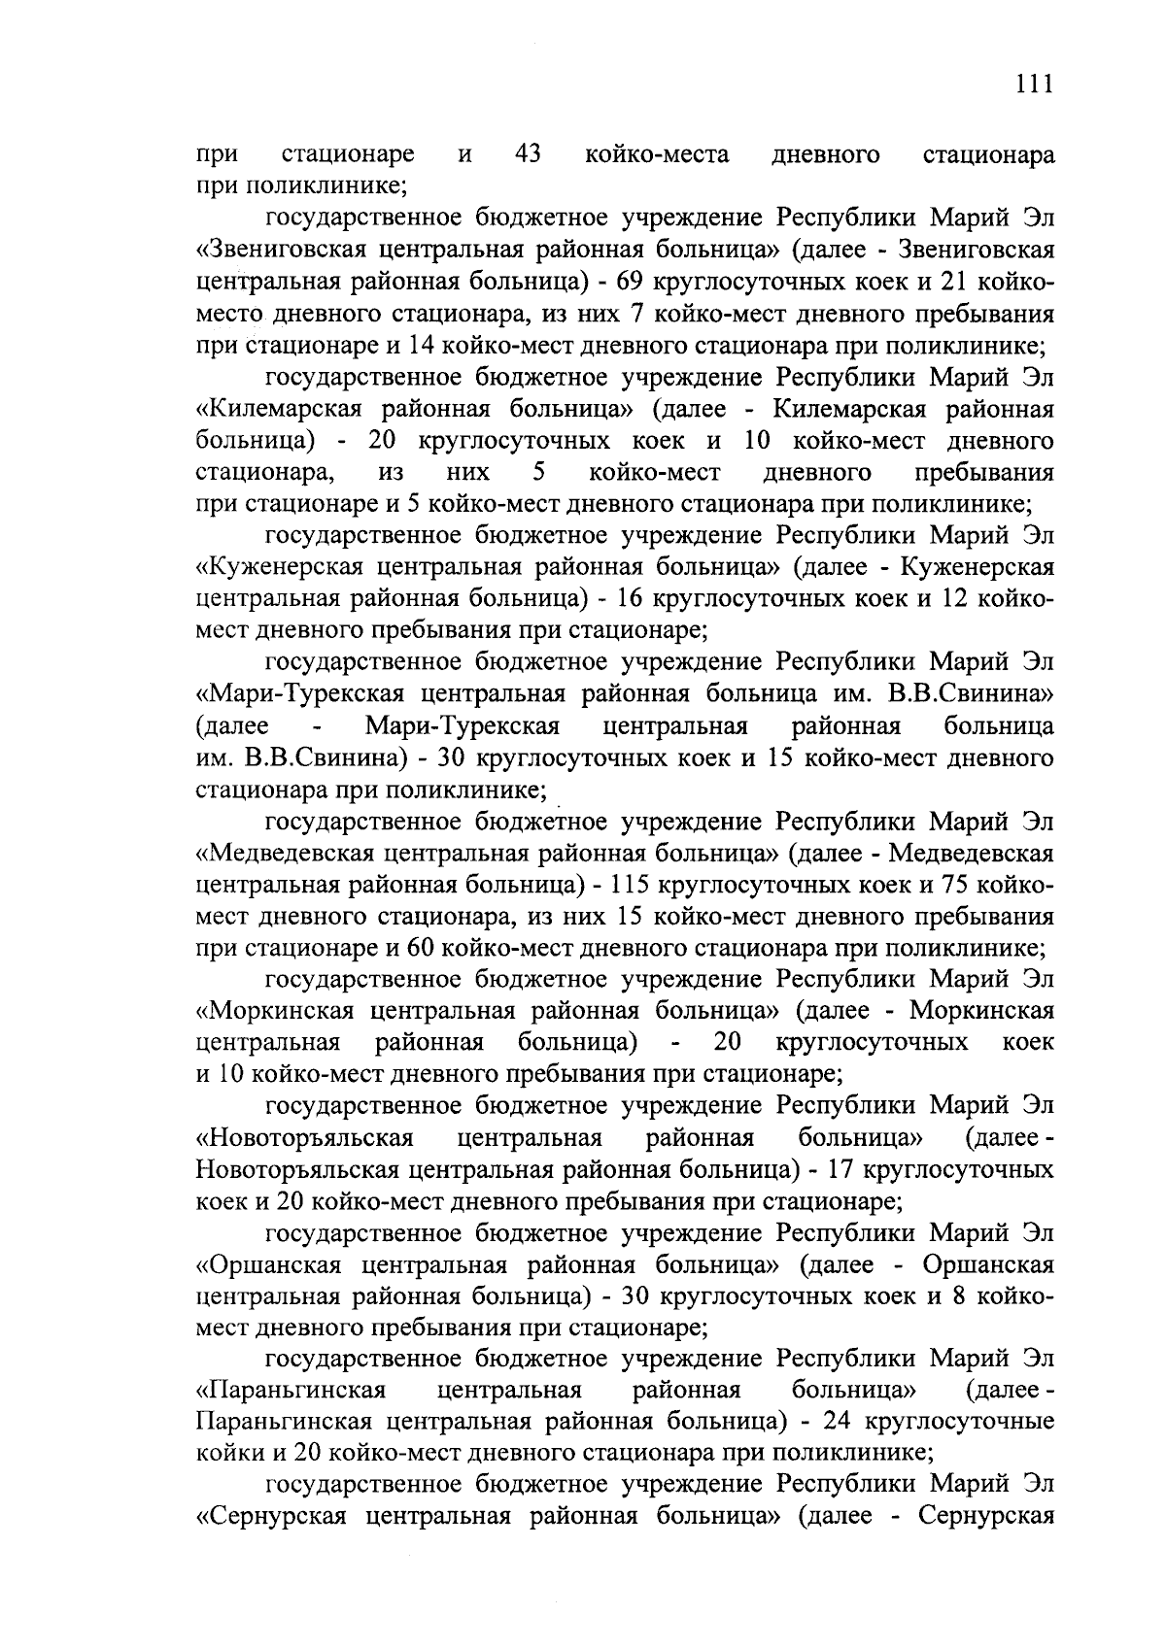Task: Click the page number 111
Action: (1034, 84)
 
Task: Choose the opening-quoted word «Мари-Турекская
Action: (294, 693)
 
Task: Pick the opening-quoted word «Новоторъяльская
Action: (305, 1137)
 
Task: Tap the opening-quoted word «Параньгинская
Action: (291, 1390)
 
